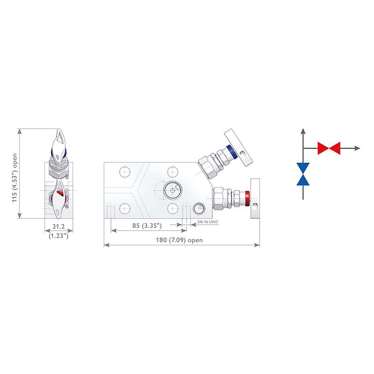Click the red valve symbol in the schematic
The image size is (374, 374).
coord(329,148)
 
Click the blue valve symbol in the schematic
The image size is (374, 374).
coord(303,174)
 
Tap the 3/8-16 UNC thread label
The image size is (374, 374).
coord(208,222)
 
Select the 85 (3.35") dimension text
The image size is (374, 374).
coord(147,225)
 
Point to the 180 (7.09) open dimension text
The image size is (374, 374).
coord(179,240)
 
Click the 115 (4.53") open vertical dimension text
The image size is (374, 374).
coord(14,178)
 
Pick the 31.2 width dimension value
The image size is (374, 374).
coord(58,226)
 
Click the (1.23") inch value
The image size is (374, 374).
coord(58,236)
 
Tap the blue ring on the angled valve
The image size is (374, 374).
coord(231,151)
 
